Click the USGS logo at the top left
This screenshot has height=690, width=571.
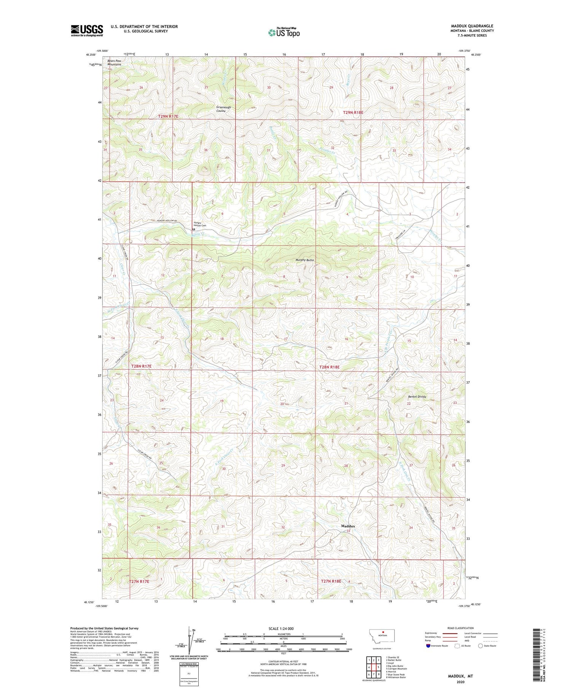(x=87, y=30)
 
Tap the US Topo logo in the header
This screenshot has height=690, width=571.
(x=284, y=33)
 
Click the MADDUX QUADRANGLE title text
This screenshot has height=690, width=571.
(x=472, y=26)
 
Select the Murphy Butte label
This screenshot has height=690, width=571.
(x=305, y=260)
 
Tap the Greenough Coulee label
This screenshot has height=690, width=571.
(x=223, y=109)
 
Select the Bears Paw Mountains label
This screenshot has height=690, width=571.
(x=114, y=62)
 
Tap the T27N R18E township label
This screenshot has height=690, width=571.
(x=331, y=581)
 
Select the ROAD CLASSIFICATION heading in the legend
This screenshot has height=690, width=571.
(x=461, y=628)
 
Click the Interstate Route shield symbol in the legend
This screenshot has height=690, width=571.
(x=428, y=645)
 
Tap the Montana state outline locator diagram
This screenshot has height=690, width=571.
(x=382, y=636)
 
